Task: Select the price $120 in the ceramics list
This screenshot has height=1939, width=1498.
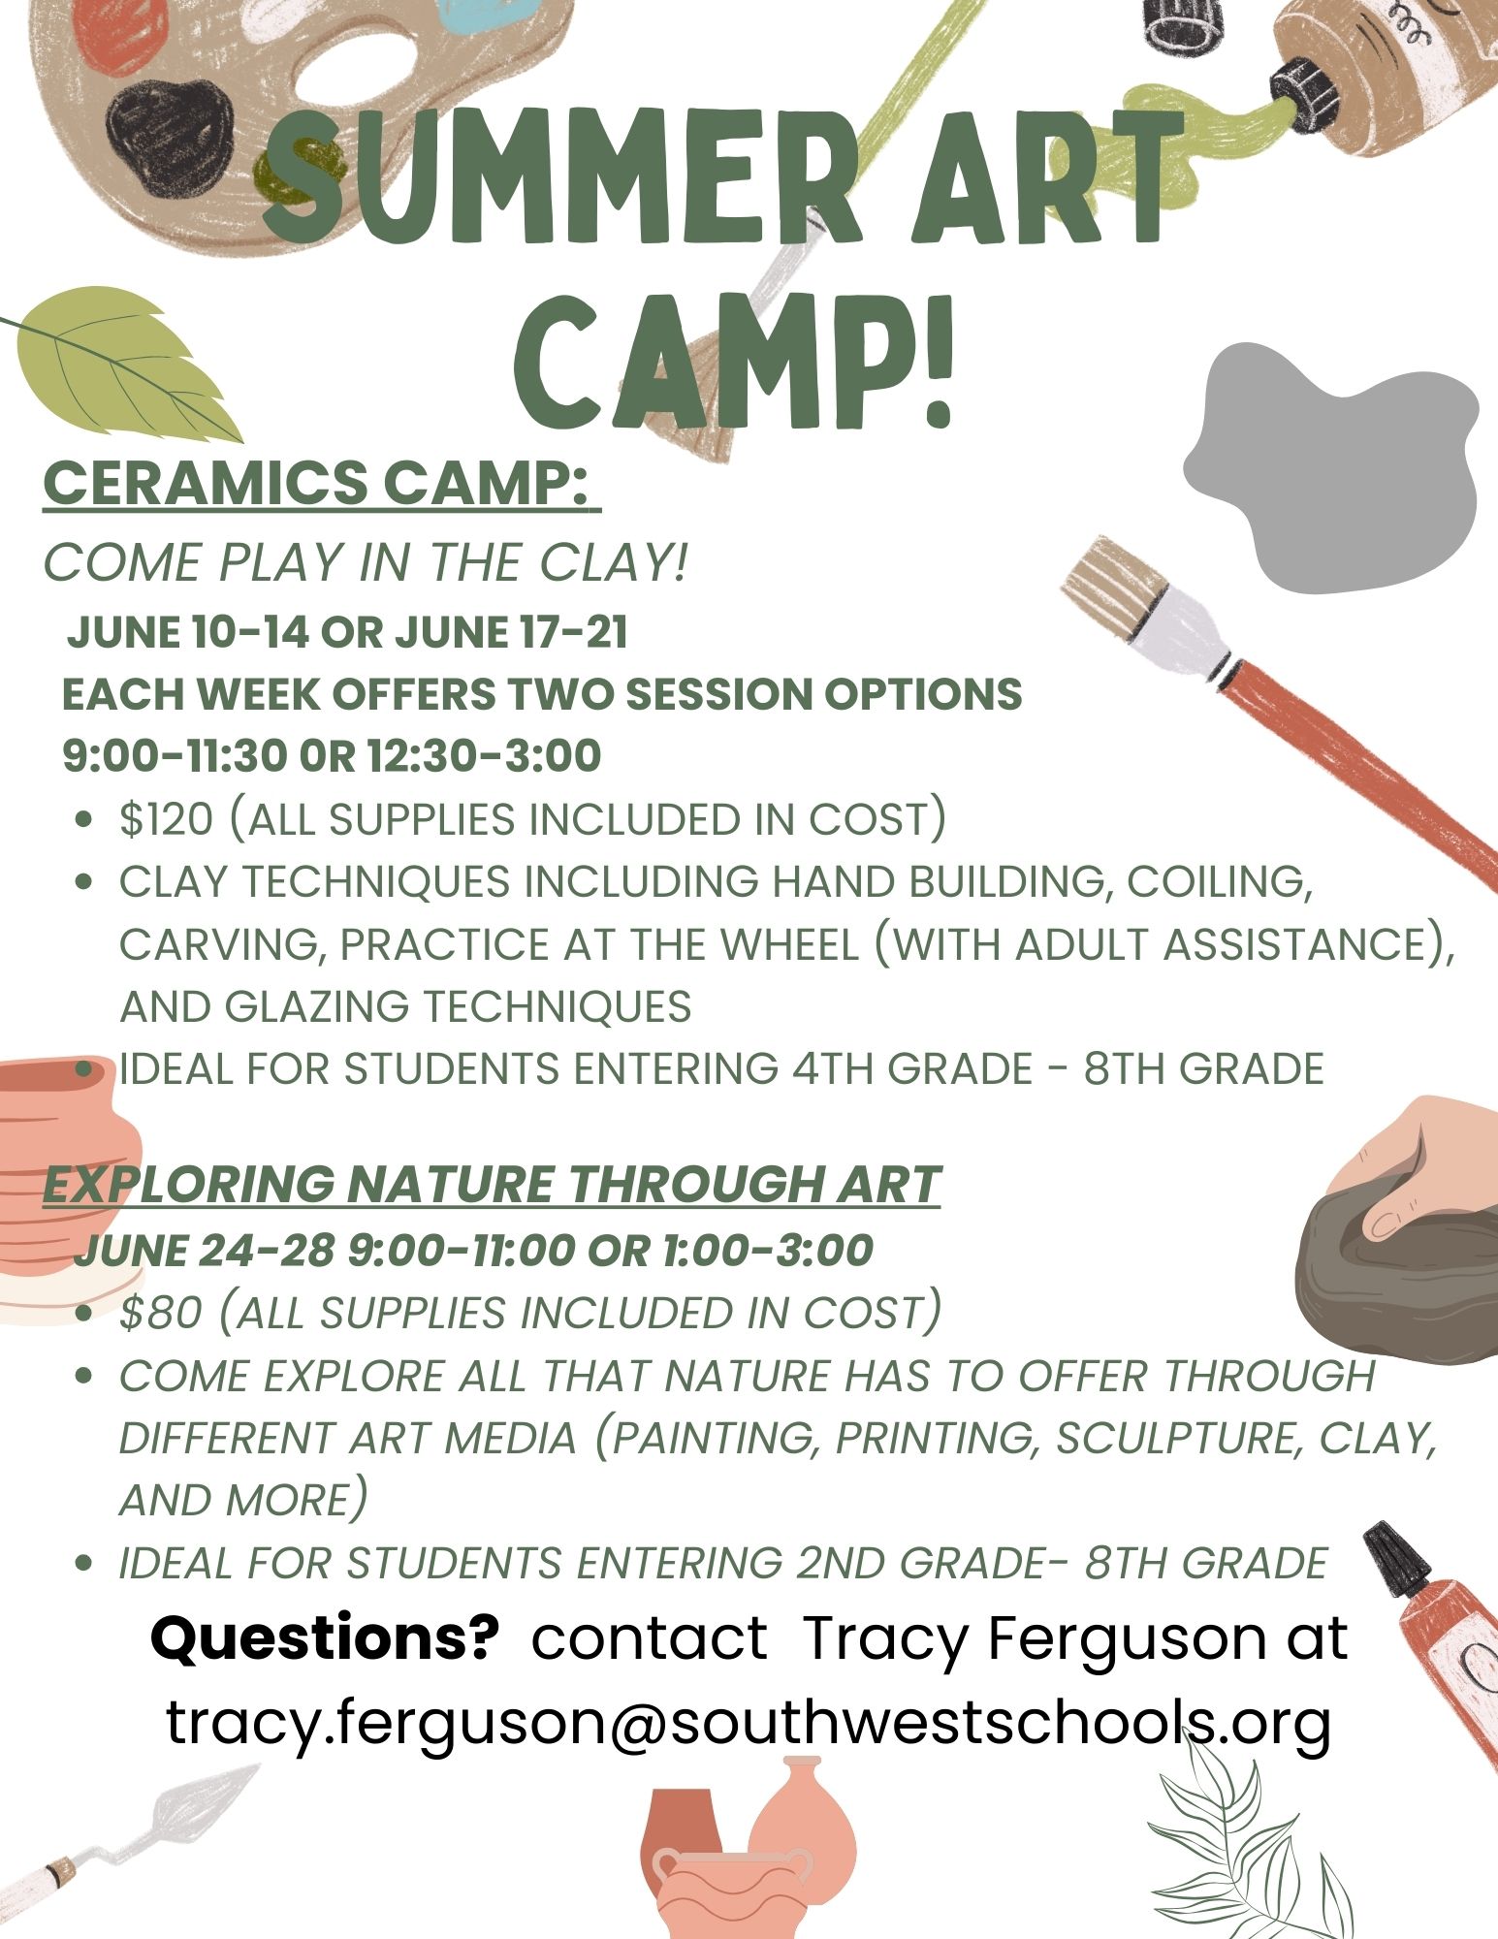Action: tap(166, 819)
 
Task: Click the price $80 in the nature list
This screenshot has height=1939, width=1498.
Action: tap(161, 1313)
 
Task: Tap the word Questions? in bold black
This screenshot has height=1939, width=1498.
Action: tap(325, 1637)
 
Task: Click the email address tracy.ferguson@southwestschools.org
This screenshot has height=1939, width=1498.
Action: tap(749, 1724)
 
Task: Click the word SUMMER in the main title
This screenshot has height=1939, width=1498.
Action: tap(561, 179)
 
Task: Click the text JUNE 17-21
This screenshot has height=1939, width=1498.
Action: tap(511, 632)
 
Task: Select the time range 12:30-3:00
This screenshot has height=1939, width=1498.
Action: tap(484, 756)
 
